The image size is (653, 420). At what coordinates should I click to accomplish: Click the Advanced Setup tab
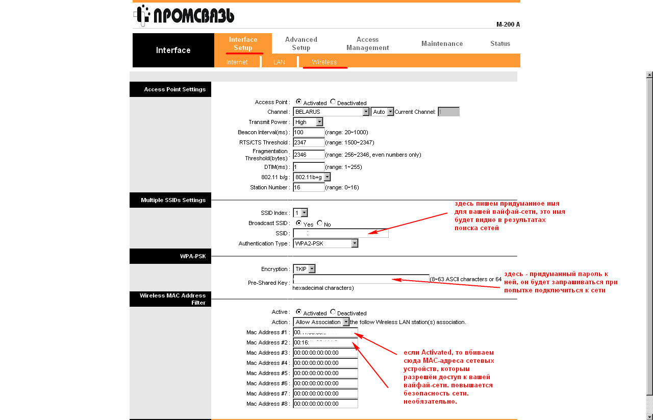pyautogui.click(x=301, y=43)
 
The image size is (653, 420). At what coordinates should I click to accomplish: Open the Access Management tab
pyautogui.click(x=367, y=43)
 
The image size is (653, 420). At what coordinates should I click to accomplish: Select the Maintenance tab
pyautogui.click(x=442, y=43)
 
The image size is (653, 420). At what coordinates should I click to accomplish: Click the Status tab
pyautogui.click(x=500, y=43)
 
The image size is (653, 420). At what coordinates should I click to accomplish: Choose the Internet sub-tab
pyautogui.click(x=237, y=62)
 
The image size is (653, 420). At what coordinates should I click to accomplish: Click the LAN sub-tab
pyautogui.click(x=279, y=62)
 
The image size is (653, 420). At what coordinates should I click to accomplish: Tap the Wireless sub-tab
pyautogui.click(x=324, y=62)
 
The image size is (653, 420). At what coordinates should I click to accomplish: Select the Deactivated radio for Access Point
pyautogui.click(x=333, y=102)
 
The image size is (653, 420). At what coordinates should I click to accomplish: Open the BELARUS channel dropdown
pyautogui.click(x=331, y=112)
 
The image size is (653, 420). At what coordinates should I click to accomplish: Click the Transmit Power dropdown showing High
pyautogui.click(x=309, y=122)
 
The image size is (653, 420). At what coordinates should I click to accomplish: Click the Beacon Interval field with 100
pyautogui.click(x=309, y=132)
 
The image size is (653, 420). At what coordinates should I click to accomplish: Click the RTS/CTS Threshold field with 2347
pyautogui.click(x=309, y=142)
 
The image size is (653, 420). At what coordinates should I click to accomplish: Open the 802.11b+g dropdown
pyautogui.click(x=312, y=177)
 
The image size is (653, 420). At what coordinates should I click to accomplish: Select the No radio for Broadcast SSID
pyautogui.click(x=320, y=224)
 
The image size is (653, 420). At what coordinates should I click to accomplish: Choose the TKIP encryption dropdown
pyautogui.click(x=305, y=269)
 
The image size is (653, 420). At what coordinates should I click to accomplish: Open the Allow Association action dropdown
pyautogui.click(x=321, y=322)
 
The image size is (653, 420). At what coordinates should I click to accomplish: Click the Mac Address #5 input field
pyautogui.click(x=325, y=373)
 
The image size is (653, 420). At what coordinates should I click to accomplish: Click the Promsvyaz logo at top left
pyautogui.click(x=184, y=15)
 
